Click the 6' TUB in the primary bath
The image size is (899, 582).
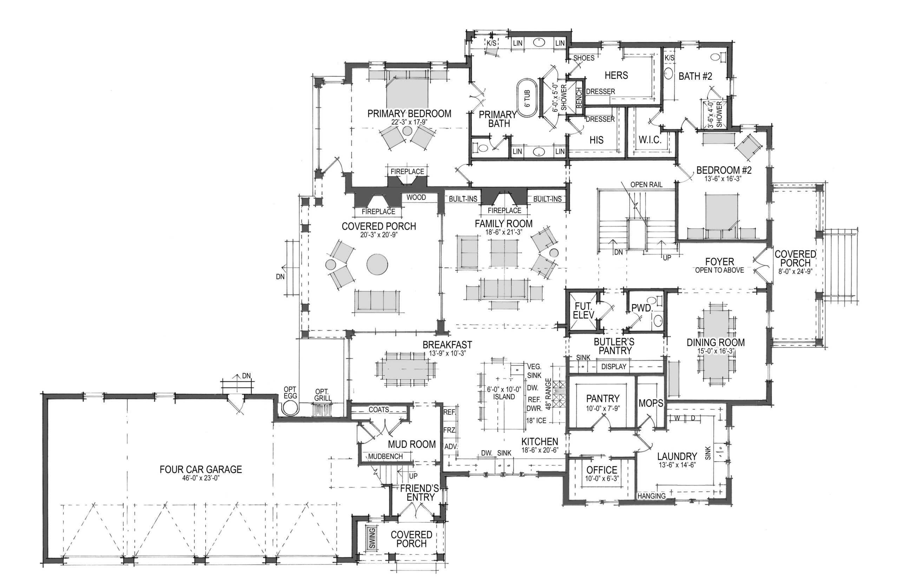pyautogui.click(x=527, y=98)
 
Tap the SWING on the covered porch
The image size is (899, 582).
pyautogui.click(x=372, y=538)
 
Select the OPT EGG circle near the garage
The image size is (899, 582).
pyautogui.click(x=290, y=408)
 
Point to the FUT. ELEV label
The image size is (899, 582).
pyautogui.click(x=584, y=311)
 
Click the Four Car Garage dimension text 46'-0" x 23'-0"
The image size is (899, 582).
pyautogui.click(x=201, y=478)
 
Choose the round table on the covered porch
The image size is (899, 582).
pyautogui.click(x=377, y=264)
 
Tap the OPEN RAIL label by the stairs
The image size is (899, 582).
pyautogui.click(x=647, y=185)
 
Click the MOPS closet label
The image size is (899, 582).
pyautogui.click(x=651, y=403)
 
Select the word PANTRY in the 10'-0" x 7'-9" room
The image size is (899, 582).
pyautogui.click(x=603, y=398)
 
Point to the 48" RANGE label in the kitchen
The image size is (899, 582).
pyautogui.click(x=549, y=394)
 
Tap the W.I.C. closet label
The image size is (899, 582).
pyautogui.click(x=650, y=140)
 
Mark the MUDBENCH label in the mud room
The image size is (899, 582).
pyautogui.click(x=385, y=456)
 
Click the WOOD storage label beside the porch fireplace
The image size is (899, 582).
pyautogui.click(x=416, y=197)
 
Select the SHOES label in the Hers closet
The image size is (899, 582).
pyautogui.click(x=584, y=58)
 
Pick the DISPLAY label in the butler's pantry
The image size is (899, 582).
pyautogui.click(x=613, y=366)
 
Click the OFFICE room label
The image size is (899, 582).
pyautogui.click(x=602, y=470)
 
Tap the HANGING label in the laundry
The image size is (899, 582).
pyautogui.click(x=651, y=496)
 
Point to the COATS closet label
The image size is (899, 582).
pyautogui.click(x=379, y=410)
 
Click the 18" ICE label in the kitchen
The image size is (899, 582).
pyautogui.click(x=536, y=420)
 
